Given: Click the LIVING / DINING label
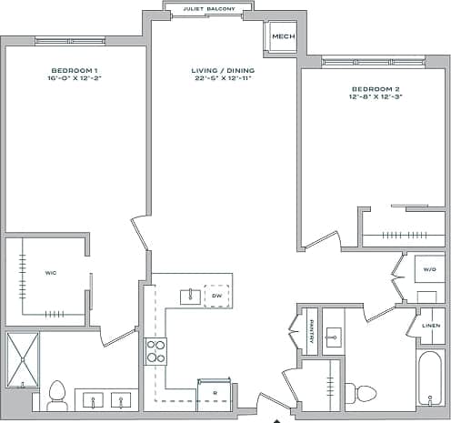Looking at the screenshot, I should click(223, 70).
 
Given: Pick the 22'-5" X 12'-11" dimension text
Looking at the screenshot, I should click(223, 79).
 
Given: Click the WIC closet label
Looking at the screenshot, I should click(51, 271).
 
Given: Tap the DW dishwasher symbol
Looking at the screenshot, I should click(216, 296).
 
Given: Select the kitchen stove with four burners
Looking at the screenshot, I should click(155, 351).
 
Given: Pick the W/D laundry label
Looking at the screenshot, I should click(429, 270).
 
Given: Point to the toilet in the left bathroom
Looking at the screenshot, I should click(57, 394).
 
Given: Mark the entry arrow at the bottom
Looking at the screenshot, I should click(277, 420).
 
